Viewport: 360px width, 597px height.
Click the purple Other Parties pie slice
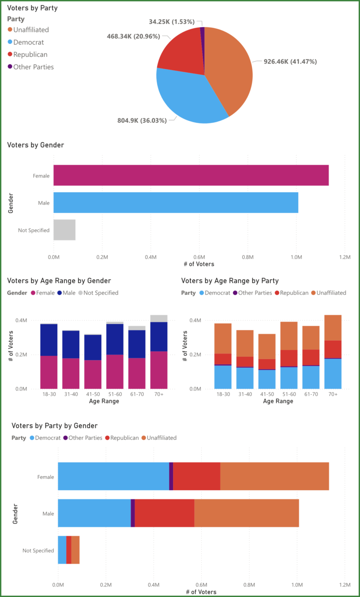tap(203, 30)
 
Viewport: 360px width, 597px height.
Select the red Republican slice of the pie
tap(180, 50)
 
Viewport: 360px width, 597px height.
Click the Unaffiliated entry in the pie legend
tap(31, 30)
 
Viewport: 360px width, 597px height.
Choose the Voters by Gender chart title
tap(36, 145)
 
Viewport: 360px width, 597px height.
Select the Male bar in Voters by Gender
tap(176, 203)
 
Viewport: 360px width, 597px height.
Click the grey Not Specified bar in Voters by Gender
tap(64, 230)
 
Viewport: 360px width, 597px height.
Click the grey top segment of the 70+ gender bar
tap(159, 318)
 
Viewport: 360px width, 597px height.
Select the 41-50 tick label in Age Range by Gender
tap(93, 394)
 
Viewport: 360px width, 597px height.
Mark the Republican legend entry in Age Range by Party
tap(294, 293)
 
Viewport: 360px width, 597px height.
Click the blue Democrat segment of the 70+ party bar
tap(333, 374)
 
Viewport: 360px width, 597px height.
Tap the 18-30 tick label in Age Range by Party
tap(223, 394)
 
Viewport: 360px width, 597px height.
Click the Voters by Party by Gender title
tap(55, 426)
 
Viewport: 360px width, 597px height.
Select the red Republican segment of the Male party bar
tap(164, 513)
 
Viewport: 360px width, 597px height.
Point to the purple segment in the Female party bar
tap(171, 476)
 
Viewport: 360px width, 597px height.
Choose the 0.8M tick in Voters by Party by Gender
tap(249, 584)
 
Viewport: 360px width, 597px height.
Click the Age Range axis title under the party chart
tap(278, 401)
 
